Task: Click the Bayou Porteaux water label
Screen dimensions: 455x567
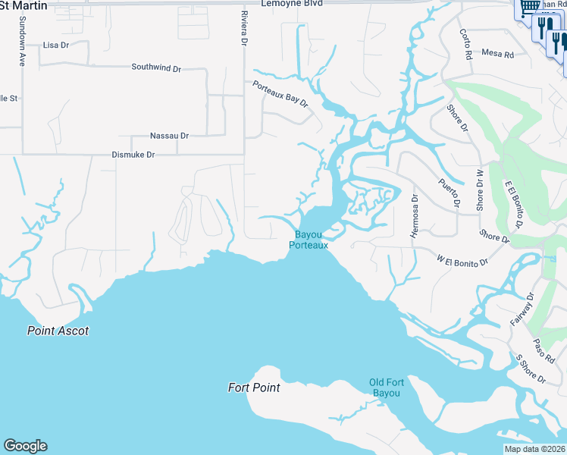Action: [x=310, y=240]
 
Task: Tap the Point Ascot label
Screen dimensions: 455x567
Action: [x=58, y=331]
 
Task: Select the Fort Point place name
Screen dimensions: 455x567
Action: [x=254, y=388]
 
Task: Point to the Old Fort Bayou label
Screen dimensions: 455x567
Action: [x=386, y=387]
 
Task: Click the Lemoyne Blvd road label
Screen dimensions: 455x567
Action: [x=292, y=3]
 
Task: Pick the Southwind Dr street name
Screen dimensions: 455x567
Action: [x=156, y=67]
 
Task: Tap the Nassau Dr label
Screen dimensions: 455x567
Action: [x=169, y=136]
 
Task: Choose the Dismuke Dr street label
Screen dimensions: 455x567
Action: [x=133, y=154]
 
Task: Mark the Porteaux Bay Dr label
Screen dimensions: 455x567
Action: [x=281, y=94]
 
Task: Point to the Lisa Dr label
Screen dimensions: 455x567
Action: [x=56, y=45]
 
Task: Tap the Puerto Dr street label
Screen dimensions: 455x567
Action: [x=449, y=192]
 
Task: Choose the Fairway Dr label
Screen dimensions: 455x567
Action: [x=522, y=310]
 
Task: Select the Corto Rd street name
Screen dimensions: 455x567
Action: [x=465, y=44]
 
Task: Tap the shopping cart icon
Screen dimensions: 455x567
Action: [x=528, y=7]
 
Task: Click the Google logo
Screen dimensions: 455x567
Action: [x=25, y=446]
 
